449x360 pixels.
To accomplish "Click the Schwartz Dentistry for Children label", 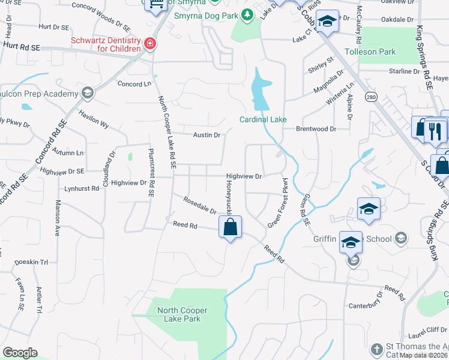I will [106, 43].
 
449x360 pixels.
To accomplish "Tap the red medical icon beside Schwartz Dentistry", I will [149, 43].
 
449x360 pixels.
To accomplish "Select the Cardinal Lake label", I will [264, 119].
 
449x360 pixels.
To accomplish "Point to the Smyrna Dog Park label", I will [207, 15].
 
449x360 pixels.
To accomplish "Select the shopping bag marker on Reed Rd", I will [230, 227].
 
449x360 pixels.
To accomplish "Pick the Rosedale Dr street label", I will [200, 207].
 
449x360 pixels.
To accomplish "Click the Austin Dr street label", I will [206, 135].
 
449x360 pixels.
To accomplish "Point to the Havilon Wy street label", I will [93, 119].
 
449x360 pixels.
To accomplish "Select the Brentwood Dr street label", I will [316, 128].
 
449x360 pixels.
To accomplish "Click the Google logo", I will [20, 352].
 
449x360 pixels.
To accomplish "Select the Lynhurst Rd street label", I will [82, 188].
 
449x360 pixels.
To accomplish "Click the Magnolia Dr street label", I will [328, 83].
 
